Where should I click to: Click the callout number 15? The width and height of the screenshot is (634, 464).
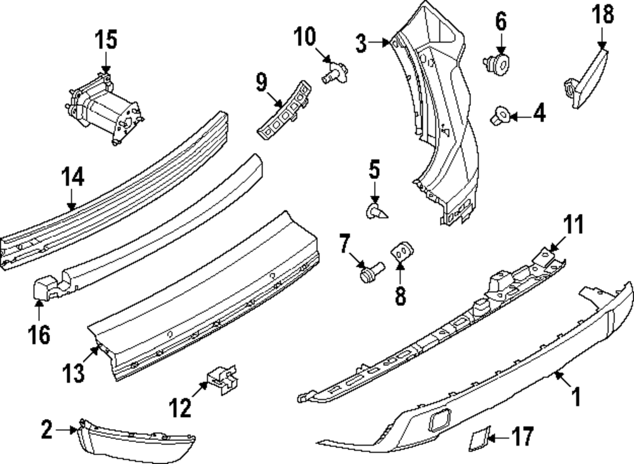pos(106,39)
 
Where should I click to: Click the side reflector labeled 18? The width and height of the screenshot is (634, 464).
pos(587,73)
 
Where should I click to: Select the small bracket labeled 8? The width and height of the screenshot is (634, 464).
pos(401,251)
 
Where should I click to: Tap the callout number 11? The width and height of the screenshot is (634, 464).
pos(573,225)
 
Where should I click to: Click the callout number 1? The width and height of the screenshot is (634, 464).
pos(576,398)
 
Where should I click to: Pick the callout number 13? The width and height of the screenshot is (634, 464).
pos(74,373)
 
